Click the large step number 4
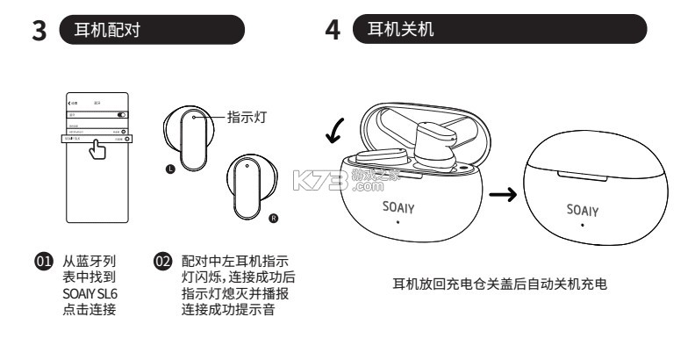coord(333,31)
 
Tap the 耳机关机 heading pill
coord(498,30)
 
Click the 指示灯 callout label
coord(247,116)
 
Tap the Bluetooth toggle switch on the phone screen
coord(122,114)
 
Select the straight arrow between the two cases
coord(501,194)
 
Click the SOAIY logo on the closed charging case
coord(582,211)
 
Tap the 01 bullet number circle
coord(39,260)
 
